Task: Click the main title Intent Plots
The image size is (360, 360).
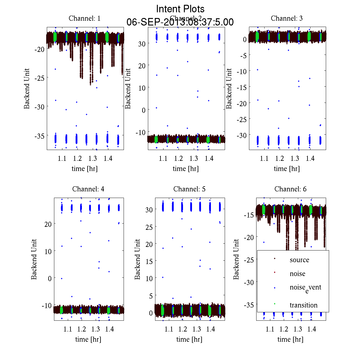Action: [180, 9]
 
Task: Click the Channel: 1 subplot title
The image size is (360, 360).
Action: [85, 18]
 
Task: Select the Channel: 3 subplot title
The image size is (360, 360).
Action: [286, 18]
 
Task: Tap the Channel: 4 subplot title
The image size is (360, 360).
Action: [88, 189]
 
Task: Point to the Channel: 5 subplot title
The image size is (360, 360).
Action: [189, 189]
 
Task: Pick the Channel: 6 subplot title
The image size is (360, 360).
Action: [290, 189]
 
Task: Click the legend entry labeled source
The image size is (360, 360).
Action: [299, 260]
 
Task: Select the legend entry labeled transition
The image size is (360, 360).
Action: [303, 305]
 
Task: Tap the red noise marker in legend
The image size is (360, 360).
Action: [275, 272]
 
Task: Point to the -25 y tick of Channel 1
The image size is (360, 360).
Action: [40, 78]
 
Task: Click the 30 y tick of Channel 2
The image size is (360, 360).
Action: [142, 43]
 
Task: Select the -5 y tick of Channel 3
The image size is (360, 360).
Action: [243, 55]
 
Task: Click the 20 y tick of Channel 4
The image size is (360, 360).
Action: [48, 224]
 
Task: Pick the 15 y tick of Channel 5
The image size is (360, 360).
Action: [149, 261]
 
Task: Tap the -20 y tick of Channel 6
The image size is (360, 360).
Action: [250, 237]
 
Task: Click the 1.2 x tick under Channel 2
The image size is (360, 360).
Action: [178, 158]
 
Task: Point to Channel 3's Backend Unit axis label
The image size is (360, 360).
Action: [229, 88]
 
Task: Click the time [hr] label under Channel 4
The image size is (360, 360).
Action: [88, 339]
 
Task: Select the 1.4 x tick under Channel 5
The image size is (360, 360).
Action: [211, 329]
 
